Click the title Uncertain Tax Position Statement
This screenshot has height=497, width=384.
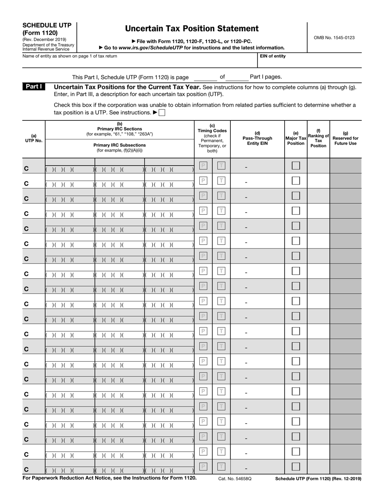coord(192,29)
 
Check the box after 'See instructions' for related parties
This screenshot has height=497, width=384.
coord(162,113)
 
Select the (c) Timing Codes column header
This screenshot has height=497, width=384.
coord(212,138)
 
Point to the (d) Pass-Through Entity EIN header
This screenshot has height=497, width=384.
coord(257,138)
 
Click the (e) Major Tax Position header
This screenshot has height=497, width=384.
coord(295,138)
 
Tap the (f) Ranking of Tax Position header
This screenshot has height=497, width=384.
coord(318,138)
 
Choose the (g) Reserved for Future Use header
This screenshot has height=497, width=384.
coord(345,138)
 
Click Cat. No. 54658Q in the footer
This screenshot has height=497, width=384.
coord(235,478)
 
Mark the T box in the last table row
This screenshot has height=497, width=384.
coord(221,467)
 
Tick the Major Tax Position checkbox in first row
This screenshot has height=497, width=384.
coord(296,165)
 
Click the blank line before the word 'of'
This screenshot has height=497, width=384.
coord(205,77)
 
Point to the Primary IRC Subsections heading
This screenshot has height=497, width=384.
coord(120,145)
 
